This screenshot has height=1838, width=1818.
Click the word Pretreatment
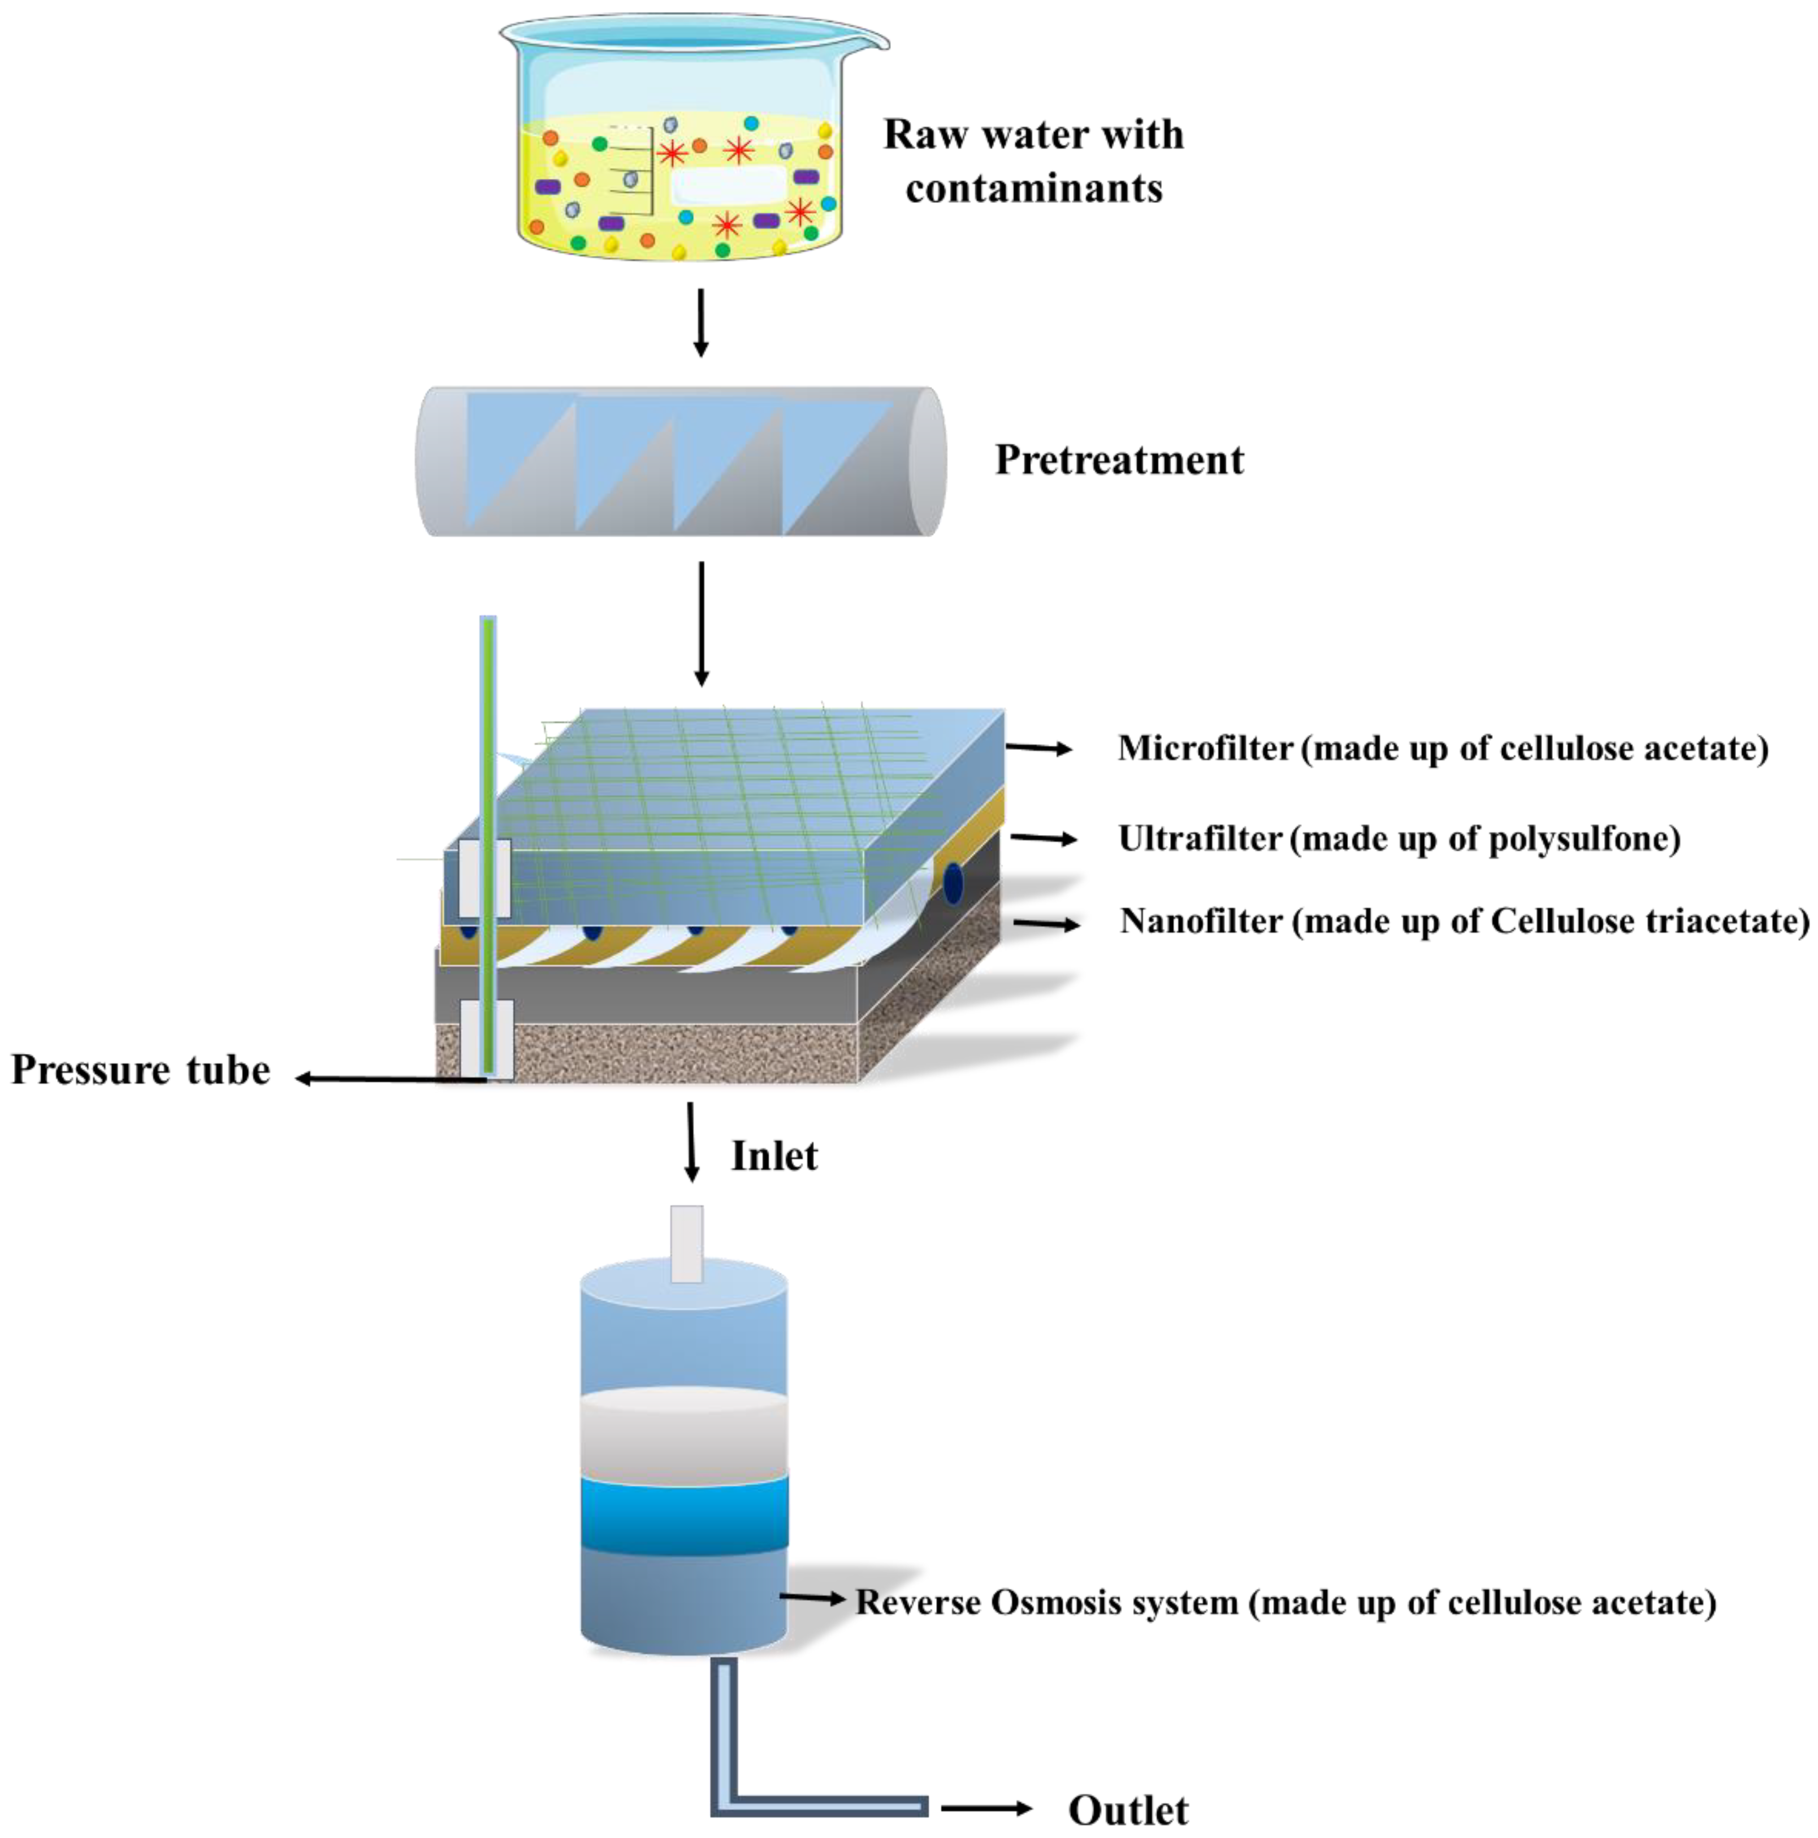tap(1119, 460)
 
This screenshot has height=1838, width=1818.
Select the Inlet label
tap(773, 1156)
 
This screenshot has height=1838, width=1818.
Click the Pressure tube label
tap(141, 1070)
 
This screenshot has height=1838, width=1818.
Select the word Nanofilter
tap(1201, 921)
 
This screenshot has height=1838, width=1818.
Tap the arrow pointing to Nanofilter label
tap(1046, 923)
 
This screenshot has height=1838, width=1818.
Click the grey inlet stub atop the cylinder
tap(687, 1243)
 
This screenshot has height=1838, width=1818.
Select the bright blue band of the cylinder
tap(684, 1513)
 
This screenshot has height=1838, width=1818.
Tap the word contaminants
tap(1033, 188)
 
